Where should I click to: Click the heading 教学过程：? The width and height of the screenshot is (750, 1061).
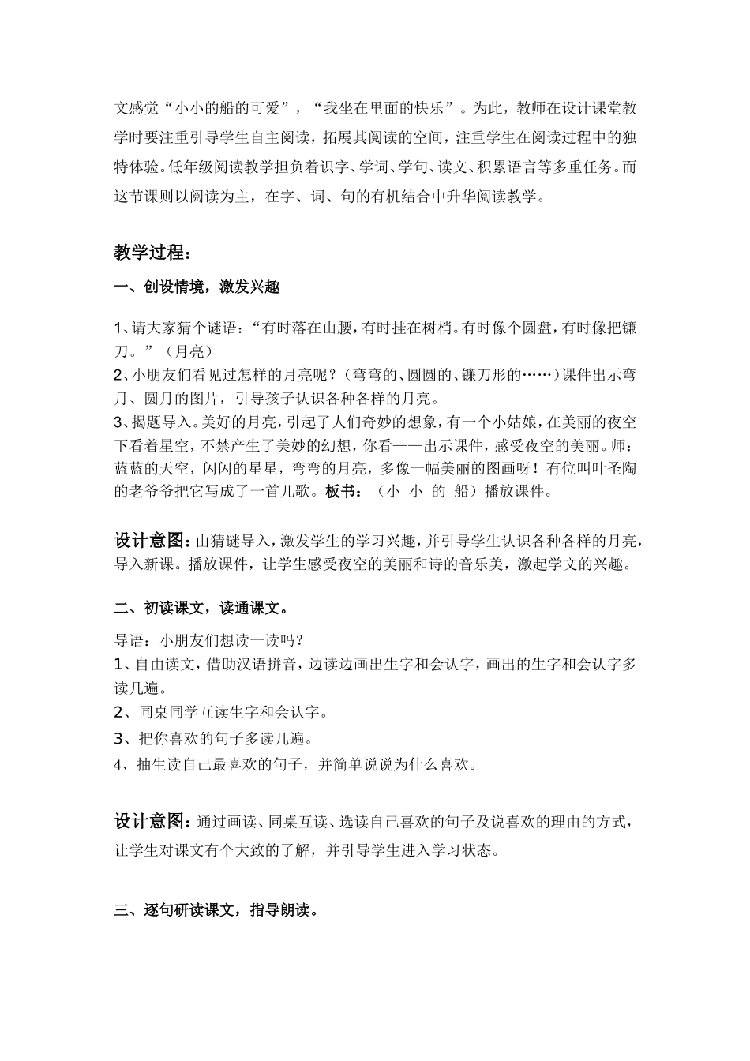[152, 253]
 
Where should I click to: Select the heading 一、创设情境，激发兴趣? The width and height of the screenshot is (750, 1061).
[197, 287]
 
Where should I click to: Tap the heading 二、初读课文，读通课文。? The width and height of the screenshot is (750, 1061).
[201, 608]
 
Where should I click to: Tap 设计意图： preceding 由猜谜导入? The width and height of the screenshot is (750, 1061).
[152, 541]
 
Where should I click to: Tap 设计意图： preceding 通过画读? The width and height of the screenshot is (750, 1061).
[152, 822]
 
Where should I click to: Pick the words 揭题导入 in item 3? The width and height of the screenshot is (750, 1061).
[159, 420]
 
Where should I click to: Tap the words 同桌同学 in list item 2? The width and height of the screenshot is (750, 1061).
[163, 713]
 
